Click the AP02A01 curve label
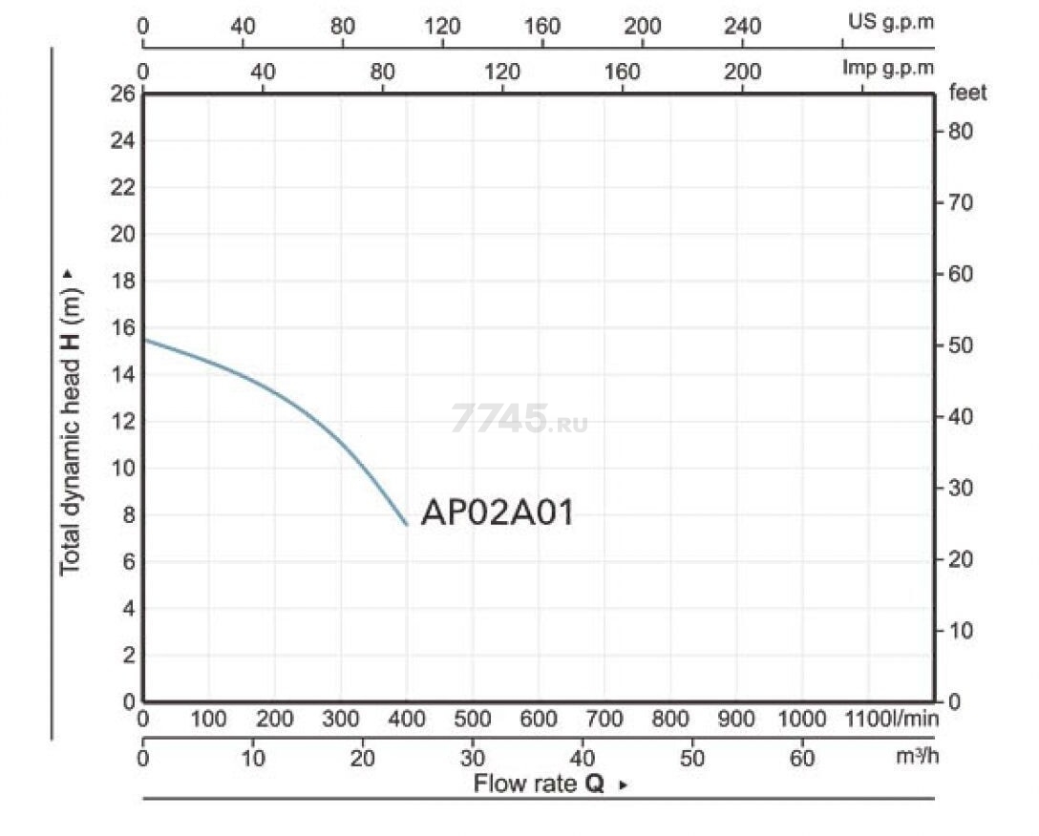click(x=497, y=512)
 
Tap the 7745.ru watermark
click(x=519, y=418)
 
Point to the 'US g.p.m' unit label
click(x=891, y=22)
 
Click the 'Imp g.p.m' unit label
click(x=888, y=68)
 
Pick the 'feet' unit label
click(x=967, y=92)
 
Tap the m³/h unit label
click(x=917, y=755)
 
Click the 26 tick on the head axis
click(x=122, y=94)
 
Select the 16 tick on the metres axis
click(x=122, y=328)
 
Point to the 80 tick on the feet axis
click(x=960, y=131)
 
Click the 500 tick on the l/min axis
click(x=472, y=719)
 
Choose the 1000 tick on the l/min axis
click(x=802, y=719)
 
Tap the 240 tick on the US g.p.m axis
click(x=742, y=26)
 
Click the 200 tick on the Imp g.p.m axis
click(x=742, y=71)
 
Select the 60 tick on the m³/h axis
click(x=802, y=757)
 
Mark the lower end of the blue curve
click(x=406, y=525)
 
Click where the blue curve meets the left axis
click(x=144, y=340)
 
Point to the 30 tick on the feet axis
click(x=960, y=489)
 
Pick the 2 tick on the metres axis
click(x=129, y=656)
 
